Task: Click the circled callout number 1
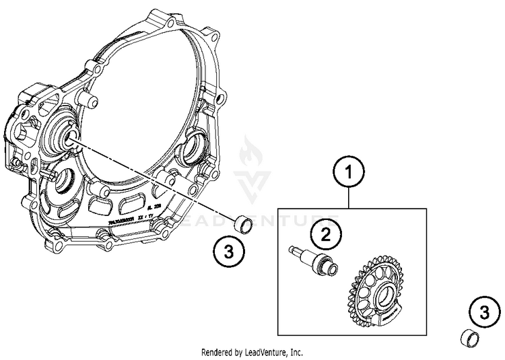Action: [348, 172]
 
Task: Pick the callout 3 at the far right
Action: [483, 312]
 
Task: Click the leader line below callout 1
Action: [348, 199]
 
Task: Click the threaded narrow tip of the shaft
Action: [294, 251]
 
